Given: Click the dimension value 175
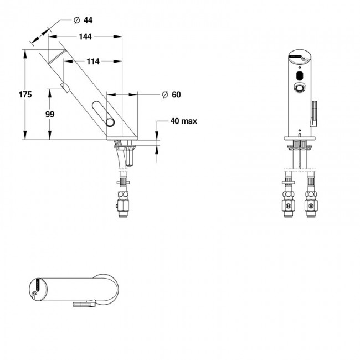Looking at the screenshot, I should point(11,95).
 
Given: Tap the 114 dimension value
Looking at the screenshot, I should point(92,61).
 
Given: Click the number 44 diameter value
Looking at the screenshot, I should point(88,20).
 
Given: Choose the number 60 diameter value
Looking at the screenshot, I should point(176,95).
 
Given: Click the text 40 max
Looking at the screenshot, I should point(184,121).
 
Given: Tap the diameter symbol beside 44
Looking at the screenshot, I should point(76,20).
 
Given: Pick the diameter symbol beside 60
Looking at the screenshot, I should point(164,95).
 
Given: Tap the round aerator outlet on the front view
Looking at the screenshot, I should point(300,89).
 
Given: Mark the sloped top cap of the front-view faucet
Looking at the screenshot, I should point(300,56).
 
